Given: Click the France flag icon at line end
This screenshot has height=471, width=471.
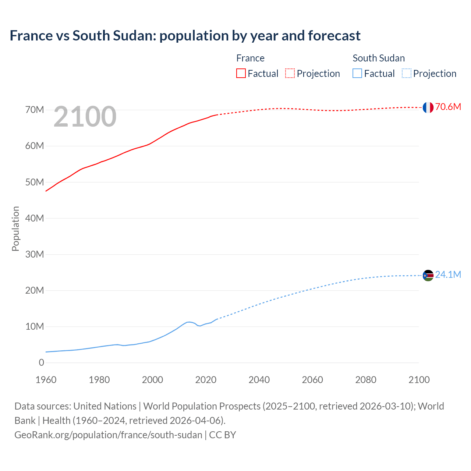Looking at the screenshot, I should (x=428, y=107).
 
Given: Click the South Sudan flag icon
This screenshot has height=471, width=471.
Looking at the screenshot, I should (x=428, y=275).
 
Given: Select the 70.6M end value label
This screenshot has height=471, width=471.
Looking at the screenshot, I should (x=448, y=107).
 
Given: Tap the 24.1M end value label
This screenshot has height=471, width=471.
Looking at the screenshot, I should (x=448, y=275).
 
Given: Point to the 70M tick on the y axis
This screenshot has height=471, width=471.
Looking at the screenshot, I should (x=35, y=110).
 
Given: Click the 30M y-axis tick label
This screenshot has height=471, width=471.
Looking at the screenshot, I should (x=35, y=255).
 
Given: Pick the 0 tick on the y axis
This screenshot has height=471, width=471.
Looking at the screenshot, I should (x=41, y=363).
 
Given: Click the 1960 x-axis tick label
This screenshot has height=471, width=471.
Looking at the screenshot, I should (x=46, y=380).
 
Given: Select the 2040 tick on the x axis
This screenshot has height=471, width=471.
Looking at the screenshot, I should (x=259, y=380).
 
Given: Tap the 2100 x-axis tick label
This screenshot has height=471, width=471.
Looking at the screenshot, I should (x=419, y=380).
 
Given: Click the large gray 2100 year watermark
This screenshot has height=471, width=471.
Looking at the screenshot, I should (x=85, y=117).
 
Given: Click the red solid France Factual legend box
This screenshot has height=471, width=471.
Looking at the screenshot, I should (x=241, y=74).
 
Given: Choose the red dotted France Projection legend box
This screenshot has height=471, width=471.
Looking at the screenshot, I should (x=290, y=74).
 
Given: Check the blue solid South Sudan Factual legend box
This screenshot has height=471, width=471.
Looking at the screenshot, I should (x=357, y=74).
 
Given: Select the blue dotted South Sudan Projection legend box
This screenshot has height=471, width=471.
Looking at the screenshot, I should (x=406, y=74).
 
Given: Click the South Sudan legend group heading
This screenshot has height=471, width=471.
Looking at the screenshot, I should (x=378, y=58).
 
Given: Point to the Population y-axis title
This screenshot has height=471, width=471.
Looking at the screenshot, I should (x=15, y=229).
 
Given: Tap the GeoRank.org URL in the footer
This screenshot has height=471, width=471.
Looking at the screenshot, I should (x=108, y=435).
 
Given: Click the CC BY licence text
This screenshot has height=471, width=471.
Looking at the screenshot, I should (x=223, y=435).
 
